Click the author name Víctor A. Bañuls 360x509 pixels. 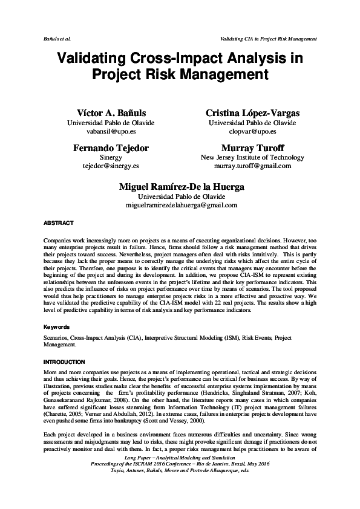click(x=110, y=113)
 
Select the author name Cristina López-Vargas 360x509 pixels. click(x=252, y=113)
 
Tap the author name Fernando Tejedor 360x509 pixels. click(x=110, y=148)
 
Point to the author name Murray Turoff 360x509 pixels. click(x=252, y=148)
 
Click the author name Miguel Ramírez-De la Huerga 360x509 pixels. click(x=181, y=187)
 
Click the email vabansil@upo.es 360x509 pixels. click(x=110, y=131)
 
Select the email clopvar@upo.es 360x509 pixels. click(x=252, y=131)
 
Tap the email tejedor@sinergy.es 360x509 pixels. click(x=110, y=165)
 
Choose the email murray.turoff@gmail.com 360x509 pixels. click(x=252, y=165)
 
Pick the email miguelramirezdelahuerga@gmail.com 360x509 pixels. click(x=181, y=205)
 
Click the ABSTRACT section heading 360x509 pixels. click(x=58, y=223)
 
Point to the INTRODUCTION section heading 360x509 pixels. click(x=65, y=361)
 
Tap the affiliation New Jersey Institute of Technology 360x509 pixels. click(x=252, y=157)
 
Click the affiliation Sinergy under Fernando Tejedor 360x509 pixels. click(x=110, y=157)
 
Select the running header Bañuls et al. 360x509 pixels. click(x=57, y=38)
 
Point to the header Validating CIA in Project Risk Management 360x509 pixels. click(x=269, y=38)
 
